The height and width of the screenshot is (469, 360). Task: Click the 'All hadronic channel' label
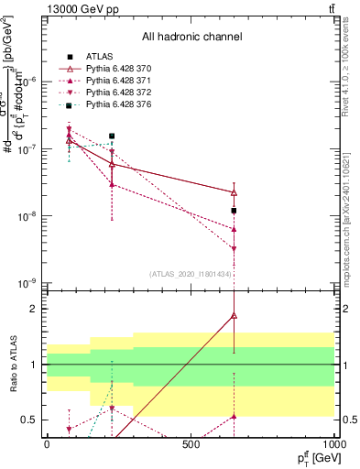(191, 38)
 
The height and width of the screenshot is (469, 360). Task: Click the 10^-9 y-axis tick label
(27, 284)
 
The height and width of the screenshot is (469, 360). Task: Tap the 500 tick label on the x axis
(191, 444)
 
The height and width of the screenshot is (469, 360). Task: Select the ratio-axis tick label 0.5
(31, 420)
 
